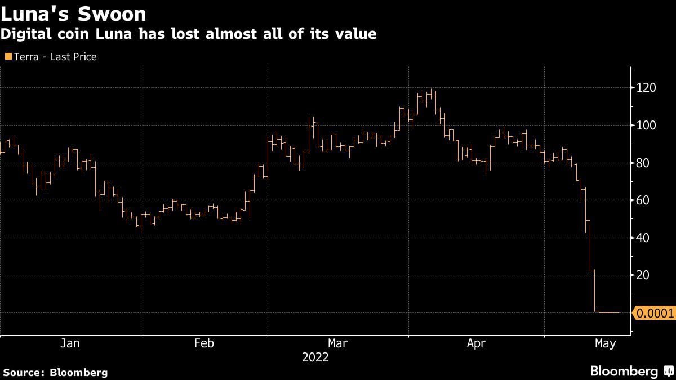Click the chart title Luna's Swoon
pyautogui.click(x=73, y=14)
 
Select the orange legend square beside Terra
pyautogui.click(x=7, y=57)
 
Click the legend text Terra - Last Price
pyautogui.click(x=55, y=57)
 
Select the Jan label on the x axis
pyautogui.click(x=70, y=343)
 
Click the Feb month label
pyautogui.click(x=204, y=343)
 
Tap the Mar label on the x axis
pyautogui.click(x=337, y=343)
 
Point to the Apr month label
pyautogui.click(x=476, y=343)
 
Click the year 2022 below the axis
pyautogui.click(x=315, y=357)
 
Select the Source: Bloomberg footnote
pyautogui.click(x=55, y=372)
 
